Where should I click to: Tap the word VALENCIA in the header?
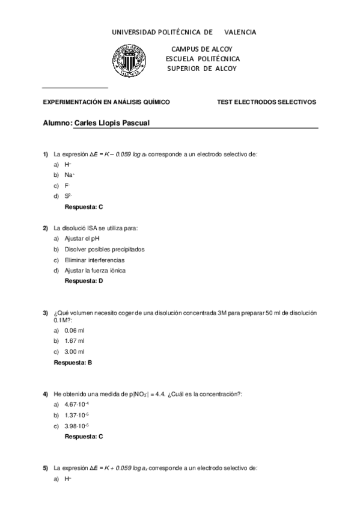240,32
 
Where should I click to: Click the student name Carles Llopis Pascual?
111,123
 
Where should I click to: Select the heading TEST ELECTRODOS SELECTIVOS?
266,102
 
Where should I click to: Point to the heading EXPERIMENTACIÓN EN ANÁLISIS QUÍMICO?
106,102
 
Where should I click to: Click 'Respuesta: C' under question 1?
84,206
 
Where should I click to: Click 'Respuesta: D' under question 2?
84,280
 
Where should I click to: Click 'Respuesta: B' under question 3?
73,362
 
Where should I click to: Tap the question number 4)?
45,394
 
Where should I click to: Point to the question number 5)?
45,467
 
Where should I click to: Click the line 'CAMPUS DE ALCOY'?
201,49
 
